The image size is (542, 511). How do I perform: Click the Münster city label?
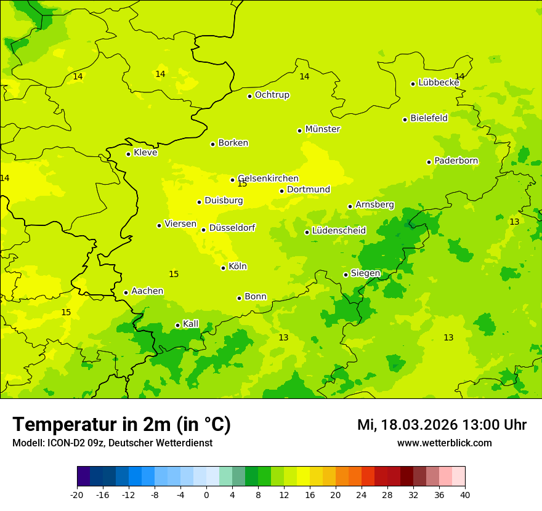[x=322, y=129]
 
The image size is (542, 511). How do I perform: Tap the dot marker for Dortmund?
[x=281, y=191]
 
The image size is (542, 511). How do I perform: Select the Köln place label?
[x=237, y=267]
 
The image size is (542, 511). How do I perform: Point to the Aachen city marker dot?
[x=126, y=292]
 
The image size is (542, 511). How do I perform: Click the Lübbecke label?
[x=439, y=82]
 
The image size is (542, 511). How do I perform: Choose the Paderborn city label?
[x=456, y=161]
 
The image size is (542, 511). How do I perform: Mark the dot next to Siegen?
[x=346, y=275]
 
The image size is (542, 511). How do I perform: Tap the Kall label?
[x=190, y=324]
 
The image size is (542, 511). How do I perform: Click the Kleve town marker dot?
[x=128, y=154]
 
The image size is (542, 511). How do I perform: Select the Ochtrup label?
[x=272, y=95]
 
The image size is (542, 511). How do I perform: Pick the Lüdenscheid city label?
[x=339, y=231]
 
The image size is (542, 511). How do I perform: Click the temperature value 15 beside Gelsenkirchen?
[x=242, y=183]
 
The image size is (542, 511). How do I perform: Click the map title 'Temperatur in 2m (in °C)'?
[x=121, y=424]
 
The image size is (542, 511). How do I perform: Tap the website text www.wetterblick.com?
[x=444, y=443]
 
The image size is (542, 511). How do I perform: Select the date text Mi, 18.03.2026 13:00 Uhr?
[x=442, y=425]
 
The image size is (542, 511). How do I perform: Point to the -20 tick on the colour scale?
[x=77, y=494]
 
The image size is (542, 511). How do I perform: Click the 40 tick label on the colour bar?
[x=465, y=494]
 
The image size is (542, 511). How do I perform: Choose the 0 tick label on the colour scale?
[x=206, y=494]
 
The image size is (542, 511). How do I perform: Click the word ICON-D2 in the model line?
[x=64, y=443]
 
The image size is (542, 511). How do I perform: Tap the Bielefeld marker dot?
[x=405, y=119]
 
